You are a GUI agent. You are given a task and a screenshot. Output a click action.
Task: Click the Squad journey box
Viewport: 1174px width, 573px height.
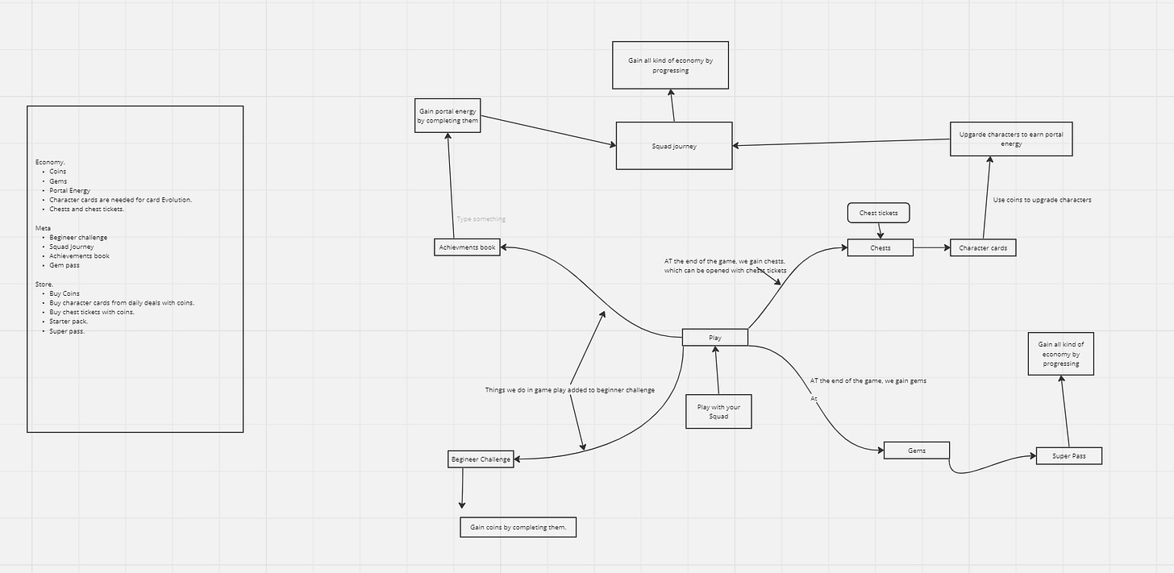click(674, 146)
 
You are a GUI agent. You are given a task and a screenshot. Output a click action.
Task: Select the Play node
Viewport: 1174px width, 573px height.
click(714, 338)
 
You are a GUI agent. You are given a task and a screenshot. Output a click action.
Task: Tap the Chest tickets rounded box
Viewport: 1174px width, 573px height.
click(879, 213)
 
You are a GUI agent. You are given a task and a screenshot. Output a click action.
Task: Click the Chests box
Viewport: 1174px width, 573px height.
click(880, 247)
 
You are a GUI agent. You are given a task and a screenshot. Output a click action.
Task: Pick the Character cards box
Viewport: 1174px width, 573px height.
click(983, 247)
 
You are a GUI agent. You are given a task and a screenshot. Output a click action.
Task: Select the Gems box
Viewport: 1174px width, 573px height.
click(917, 451)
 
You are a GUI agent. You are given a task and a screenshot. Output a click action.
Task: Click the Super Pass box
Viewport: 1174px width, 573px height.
click(1068, 456)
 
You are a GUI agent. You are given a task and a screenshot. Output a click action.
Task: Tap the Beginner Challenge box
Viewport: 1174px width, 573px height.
click(481, 459)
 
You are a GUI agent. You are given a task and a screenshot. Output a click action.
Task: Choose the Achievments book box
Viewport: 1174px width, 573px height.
click(467, 247)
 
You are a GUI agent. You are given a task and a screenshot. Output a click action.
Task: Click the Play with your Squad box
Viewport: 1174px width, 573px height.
click(718, 411)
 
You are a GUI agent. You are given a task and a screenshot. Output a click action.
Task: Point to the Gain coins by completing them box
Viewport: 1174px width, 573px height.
click(518, 527)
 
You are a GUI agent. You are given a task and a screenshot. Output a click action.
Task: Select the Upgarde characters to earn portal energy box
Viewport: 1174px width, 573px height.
click(1011, 139)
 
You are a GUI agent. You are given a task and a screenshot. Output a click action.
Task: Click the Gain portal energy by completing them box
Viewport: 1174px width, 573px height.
click(448, 115)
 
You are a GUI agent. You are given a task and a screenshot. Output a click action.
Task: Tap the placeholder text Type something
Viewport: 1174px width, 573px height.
click(481, 219)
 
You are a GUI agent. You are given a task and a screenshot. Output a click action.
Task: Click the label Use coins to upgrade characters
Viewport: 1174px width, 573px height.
click(1042, 200)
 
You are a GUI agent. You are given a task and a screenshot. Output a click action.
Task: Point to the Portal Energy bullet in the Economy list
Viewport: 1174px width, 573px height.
click(69, 190)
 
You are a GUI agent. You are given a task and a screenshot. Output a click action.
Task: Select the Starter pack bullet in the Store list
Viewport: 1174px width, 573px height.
click(69, 322)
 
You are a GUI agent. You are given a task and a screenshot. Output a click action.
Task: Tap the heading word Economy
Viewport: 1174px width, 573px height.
click(50, 162)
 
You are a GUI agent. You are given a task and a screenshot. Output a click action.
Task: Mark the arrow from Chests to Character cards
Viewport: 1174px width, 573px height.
click(931, 247)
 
